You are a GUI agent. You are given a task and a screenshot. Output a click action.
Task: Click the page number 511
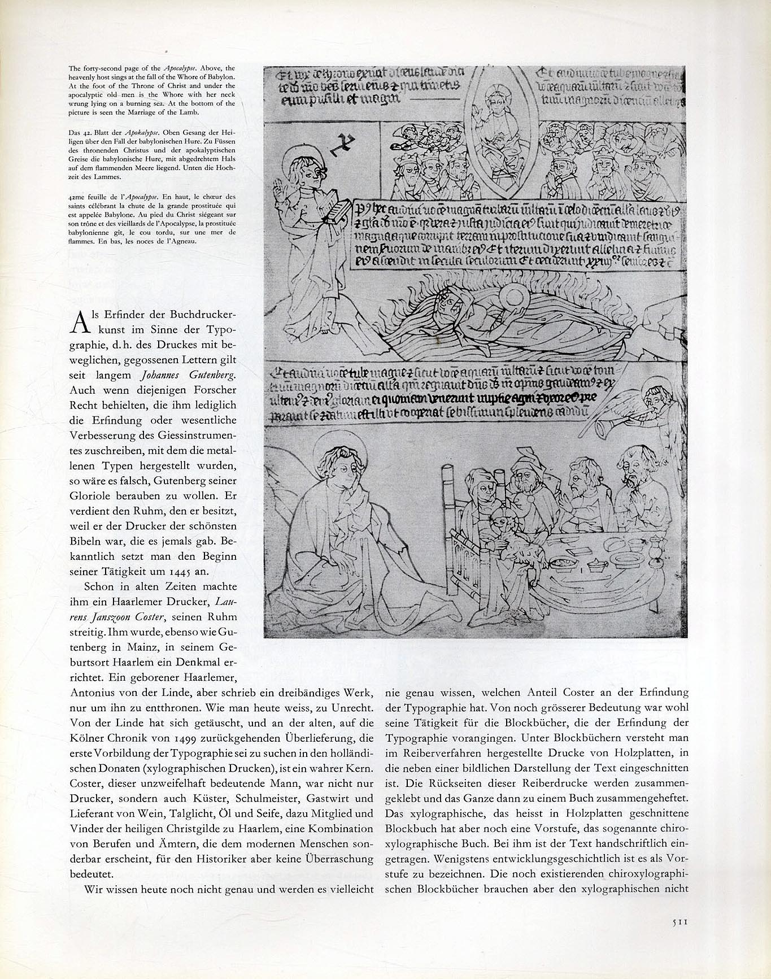(678, 923)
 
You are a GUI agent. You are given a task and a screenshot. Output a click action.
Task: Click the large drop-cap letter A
(80, 324)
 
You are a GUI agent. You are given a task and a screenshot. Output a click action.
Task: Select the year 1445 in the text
(172, 572)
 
